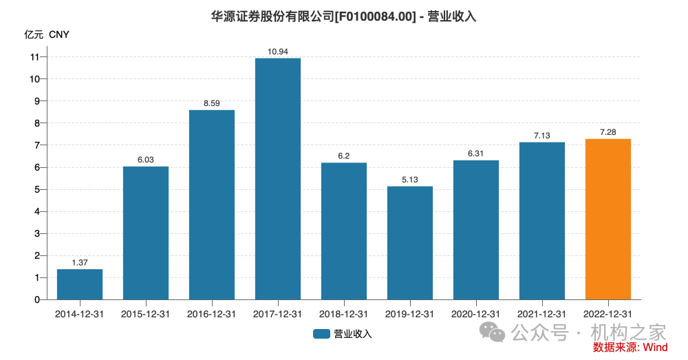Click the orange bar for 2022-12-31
point(608,219)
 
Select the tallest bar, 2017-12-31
point(278,179)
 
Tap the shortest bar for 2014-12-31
point(80,284)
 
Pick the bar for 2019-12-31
point(410,243)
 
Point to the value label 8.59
point(212,103)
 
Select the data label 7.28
point(608,132)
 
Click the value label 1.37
point(80,262)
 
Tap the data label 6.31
point(476,153)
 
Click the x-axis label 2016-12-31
point(212,314)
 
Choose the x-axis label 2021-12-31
point(542,314)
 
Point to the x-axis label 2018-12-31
point(344,314)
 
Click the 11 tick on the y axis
point(35,57)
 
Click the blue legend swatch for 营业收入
point(321,334)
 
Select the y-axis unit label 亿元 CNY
point(47,34)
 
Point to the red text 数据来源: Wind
point(630,348)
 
